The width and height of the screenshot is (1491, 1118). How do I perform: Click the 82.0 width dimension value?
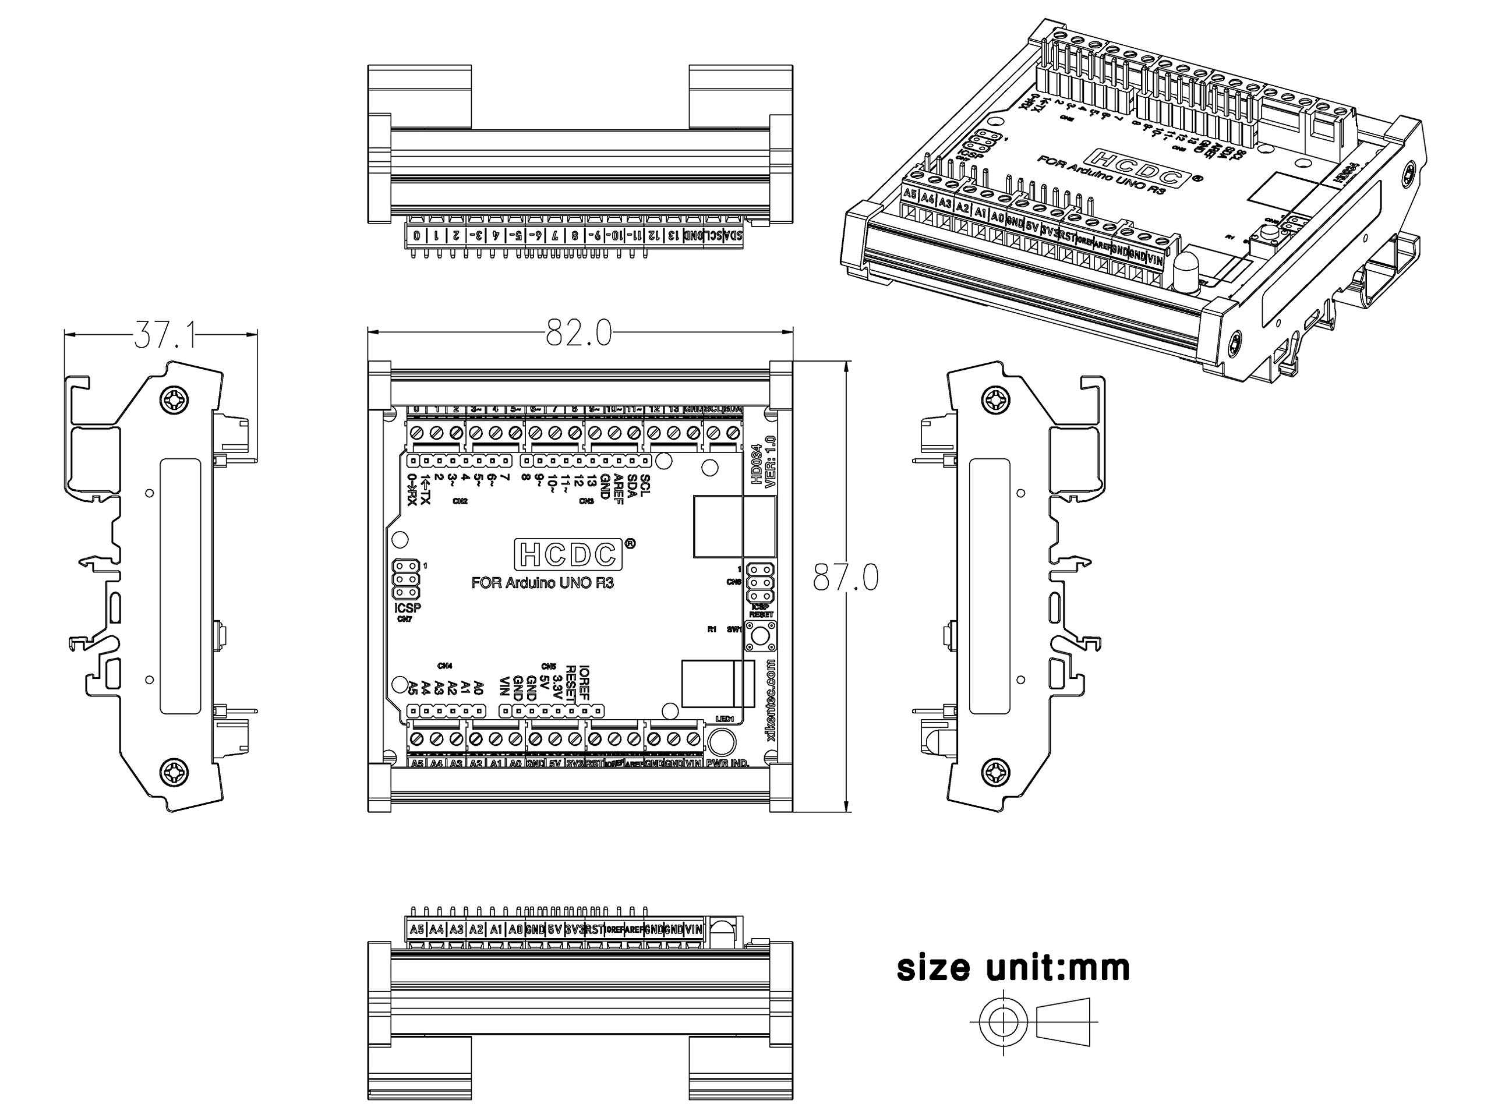pyautogui.click(x=578, y=333)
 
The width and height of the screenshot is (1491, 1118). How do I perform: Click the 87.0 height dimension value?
pyautogui.click(x=845, y=578)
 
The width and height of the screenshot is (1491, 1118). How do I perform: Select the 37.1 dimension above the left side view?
pyautogui.click(x=165, y=335)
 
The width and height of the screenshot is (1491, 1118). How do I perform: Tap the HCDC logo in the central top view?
pyautogui.click(x=567, y=554)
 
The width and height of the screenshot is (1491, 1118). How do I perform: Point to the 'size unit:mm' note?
pyautogui.click(x=1013, y=968)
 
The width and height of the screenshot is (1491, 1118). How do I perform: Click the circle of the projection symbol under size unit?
pyautogui.click(x=1004, y=1022)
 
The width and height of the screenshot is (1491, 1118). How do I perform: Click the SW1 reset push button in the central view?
pyautogui.click(x=760, y=635)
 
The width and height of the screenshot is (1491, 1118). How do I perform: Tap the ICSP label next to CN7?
pyautogui.click(x=407, y=608)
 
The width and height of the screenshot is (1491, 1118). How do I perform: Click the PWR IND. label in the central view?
pyautogui.click(x=727, y=763)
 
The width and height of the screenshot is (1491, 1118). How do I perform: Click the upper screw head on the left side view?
pyautogui.click(x=174, y=399)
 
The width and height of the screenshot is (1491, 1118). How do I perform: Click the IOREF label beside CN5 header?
pyautogui.click(x=584, y=681)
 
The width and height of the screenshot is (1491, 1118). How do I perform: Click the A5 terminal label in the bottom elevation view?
pyautogui.click(x=416, y=929)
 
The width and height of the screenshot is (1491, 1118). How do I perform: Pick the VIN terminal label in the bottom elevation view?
pyautogui.click(x=694, y=929)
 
